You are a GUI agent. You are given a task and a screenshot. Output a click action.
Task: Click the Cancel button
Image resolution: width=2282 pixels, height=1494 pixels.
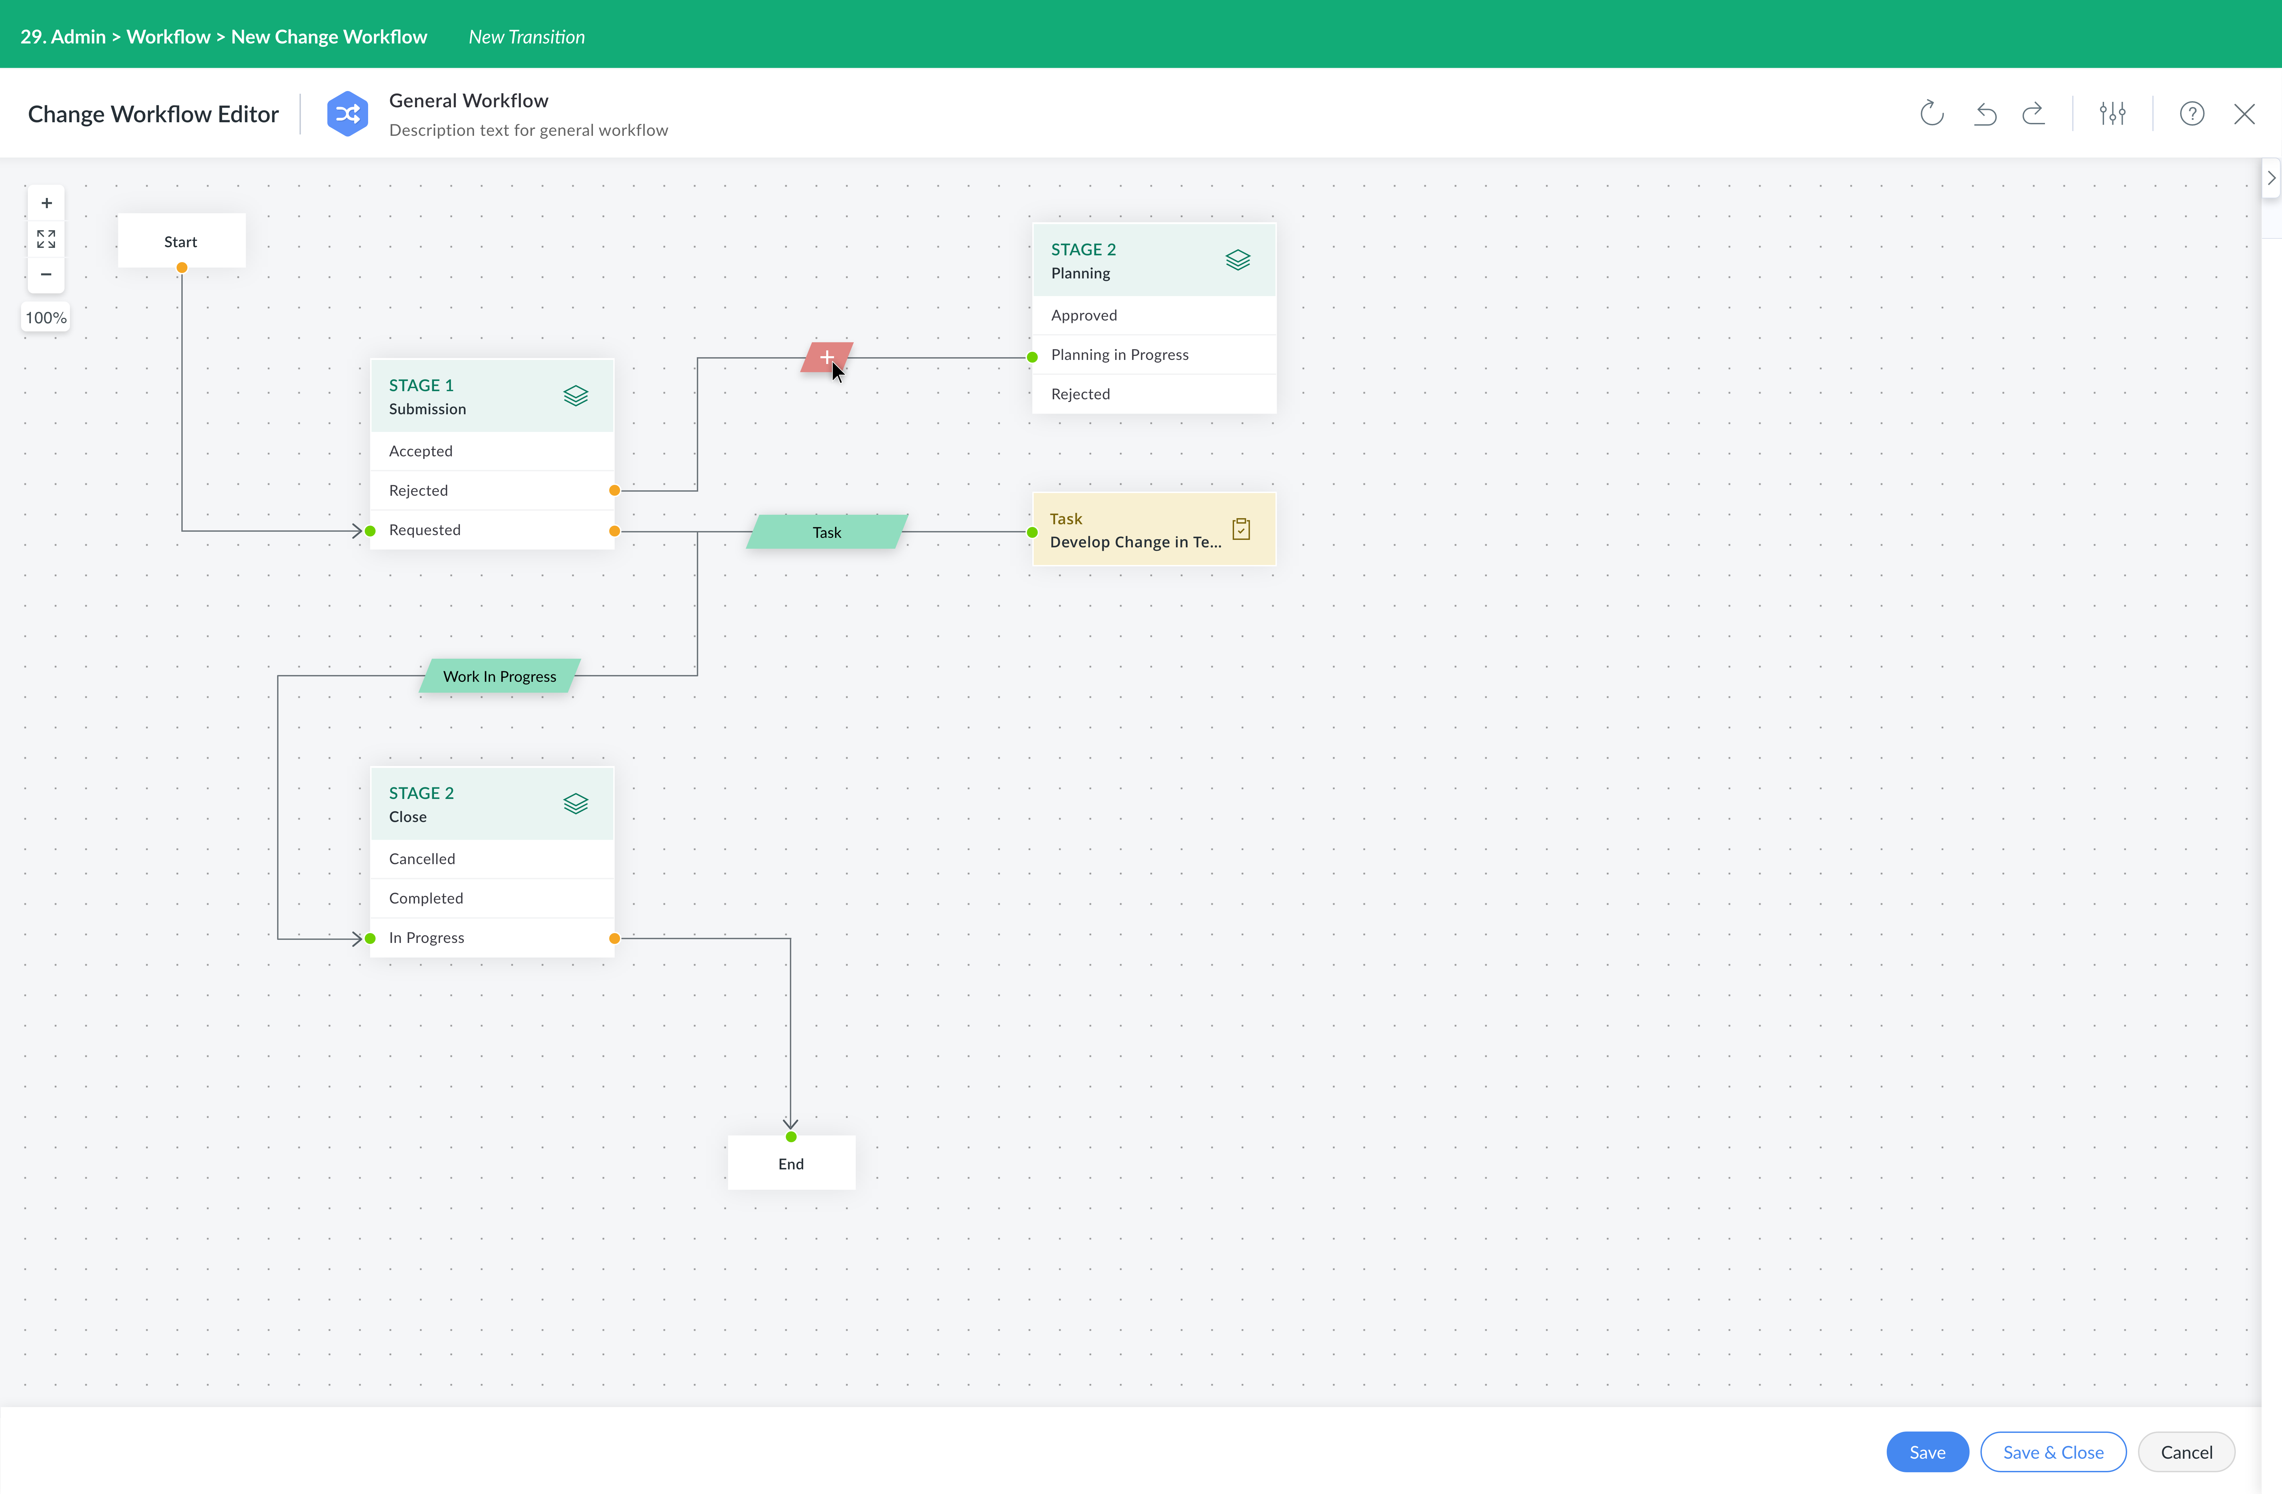pos(2186,1452)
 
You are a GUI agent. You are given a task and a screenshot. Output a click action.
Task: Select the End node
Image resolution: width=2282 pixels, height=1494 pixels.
pos(791,1163)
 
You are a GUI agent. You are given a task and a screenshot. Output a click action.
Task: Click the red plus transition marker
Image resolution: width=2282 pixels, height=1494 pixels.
pos(827,358)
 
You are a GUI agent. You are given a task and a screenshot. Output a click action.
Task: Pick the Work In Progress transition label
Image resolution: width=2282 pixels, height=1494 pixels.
pos(500,676)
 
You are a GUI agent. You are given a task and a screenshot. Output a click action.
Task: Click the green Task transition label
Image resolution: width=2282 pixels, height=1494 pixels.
pos(827,532)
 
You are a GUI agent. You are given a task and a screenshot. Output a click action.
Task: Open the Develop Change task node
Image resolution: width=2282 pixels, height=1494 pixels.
pos(1154,529)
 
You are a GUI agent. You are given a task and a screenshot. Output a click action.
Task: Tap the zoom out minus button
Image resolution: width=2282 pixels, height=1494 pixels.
pos(46,274)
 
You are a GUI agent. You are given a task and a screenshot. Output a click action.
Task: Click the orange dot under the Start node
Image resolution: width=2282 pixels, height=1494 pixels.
pos(181,268)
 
